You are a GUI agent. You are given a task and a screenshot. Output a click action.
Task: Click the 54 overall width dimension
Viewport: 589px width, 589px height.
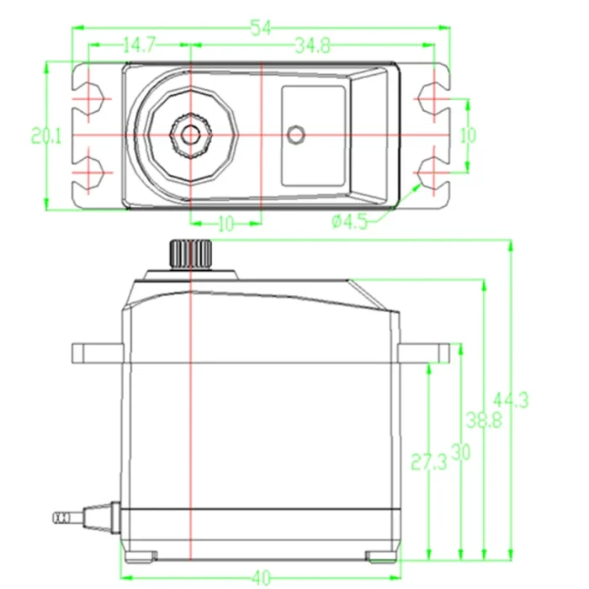[x=261, y=28]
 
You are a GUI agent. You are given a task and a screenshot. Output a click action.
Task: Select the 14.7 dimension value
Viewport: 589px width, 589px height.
[x=140, y=45]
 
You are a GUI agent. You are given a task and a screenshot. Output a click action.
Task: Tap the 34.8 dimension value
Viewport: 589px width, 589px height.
[x=313, y=45]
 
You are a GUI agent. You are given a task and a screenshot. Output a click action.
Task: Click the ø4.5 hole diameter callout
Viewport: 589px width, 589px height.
[x=349, y=221]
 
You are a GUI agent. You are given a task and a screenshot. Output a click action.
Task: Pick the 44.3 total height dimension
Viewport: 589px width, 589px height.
[x=511, y=401]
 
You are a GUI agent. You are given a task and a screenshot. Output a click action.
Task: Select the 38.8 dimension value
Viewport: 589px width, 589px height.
[x=484, y=420]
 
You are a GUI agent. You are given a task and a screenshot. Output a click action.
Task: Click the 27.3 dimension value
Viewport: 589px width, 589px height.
[x=429, y=462]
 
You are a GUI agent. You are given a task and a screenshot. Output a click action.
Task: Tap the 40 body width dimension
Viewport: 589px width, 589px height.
[x=262, y=578]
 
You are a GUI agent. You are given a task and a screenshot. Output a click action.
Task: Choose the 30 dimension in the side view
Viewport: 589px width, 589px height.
[x=460, y=453]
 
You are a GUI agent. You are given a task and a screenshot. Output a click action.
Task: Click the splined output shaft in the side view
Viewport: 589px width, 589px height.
[x=191, y=254]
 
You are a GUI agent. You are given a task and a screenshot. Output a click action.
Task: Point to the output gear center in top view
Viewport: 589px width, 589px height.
[x=191, y=135]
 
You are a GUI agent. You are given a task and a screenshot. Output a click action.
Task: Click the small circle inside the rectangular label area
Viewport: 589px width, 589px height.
[x=296, y=135]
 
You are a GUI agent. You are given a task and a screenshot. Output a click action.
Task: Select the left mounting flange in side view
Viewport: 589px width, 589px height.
[x=98, y=353]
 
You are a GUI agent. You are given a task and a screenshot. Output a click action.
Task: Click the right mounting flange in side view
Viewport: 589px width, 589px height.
[x=424, y=353]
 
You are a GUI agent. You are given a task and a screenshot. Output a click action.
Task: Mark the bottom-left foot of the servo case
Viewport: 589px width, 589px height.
[x=141, y=556]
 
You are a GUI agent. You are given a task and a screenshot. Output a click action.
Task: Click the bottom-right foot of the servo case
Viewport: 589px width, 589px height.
[x=381, y=556]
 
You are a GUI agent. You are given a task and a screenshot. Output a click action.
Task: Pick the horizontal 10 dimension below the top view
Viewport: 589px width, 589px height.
[x=226, y=225]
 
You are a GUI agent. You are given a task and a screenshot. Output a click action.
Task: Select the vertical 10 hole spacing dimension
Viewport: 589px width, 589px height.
[x=468, y=135]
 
